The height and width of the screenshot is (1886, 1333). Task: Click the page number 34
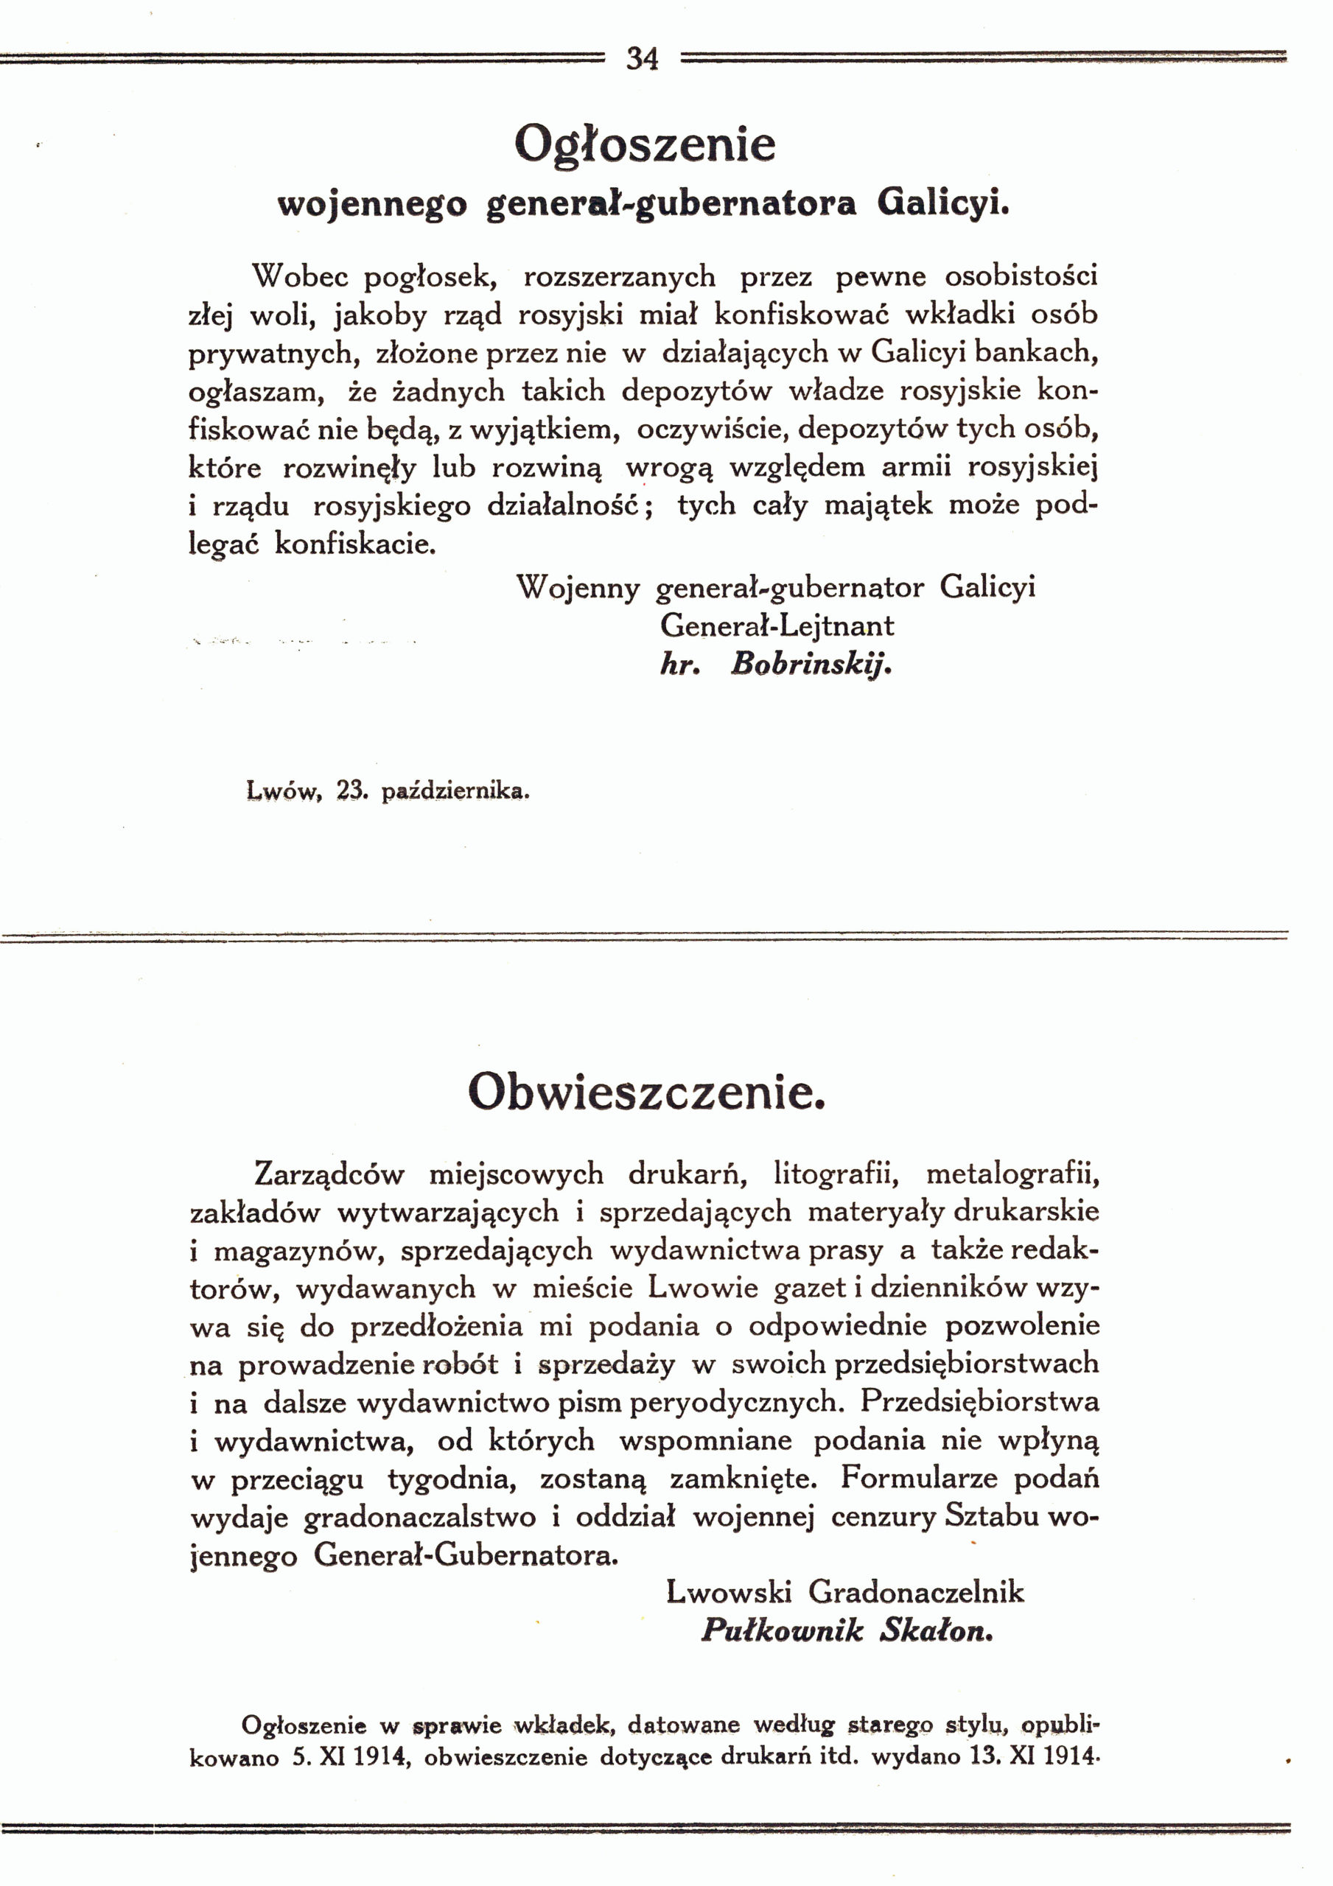pyautogui.click(x=642, y=59)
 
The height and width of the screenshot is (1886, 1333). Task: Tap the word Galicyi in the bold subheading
pyautogui.click(x=942, y=202)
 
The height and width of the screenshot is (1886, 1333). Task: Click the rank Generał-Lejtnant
pyautogui.click(x=777, y=626)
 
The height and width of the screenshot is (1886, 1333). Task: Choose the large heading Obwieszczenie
pyautogui.click(x=646, y=1091)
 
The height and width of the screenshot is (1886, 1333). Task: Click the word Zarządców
pyautogui.click(x=329, y=1174)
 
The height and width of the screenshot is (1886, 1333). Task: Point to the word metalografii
pyautogui.click(x=1012, y=1174)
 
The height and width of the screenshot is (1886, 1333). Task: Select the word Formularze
pyautogui.click(x=919, y=1479)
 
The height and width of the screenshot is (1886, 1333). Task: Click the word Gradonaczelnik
pyautogui.click(x=917, y=1592)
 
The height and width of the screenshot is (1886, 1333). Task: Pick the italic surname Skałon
pyautogui.click(x=936, y=1630)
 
